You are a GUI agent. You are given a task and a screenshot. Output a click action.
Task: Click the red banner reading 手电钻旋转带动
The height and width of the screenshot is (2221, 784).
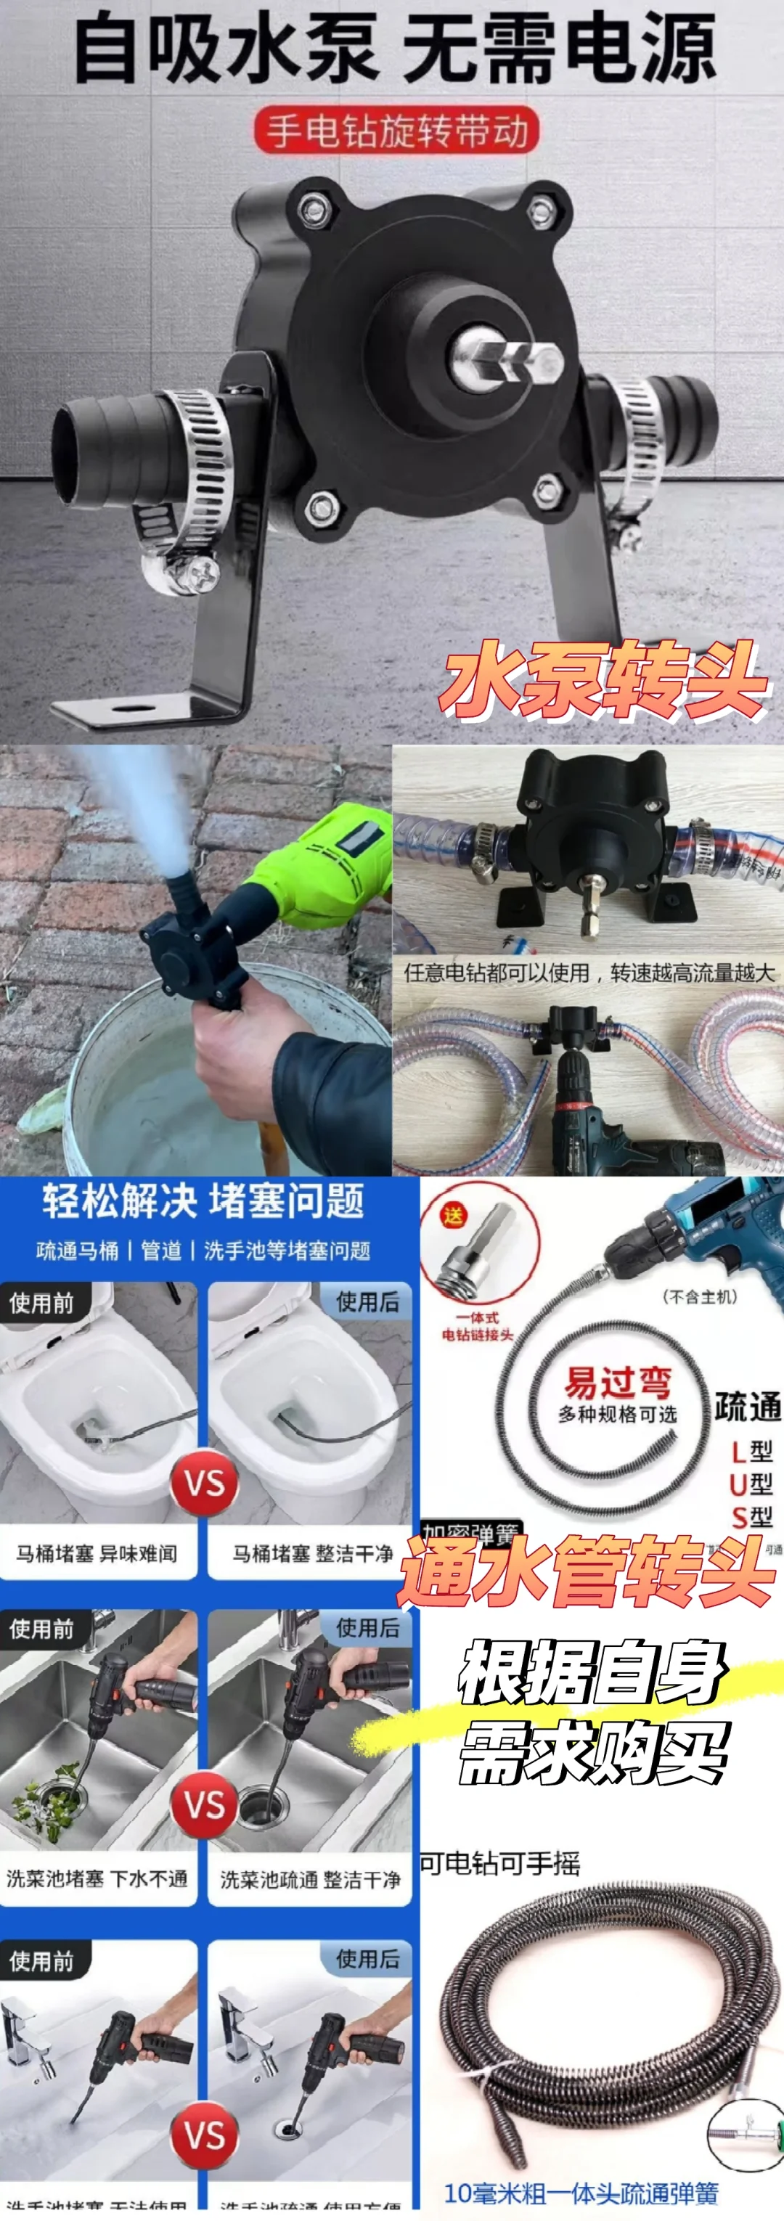point(396,132)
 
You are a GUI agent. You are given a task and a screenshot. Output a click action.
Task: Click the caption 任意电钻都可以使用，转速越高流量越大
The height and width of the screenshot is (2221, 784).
point(589,973)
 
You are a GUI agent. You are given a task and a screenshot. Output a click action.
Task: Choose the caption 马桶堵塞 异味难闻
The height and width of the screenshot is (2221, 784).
point(97,1554)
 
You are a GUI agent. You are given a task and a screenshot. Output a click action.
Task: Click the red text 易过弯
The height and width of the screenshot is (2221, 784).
point(617,1382)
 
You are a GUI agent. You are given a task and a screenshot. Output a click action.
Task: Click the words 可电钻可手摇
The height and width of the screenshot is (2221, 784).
point(500,1863)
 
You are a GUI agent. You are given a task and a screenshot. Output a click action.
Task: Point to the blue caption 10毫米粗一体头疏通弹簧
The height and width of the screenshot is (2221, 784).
point(581,2193)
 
